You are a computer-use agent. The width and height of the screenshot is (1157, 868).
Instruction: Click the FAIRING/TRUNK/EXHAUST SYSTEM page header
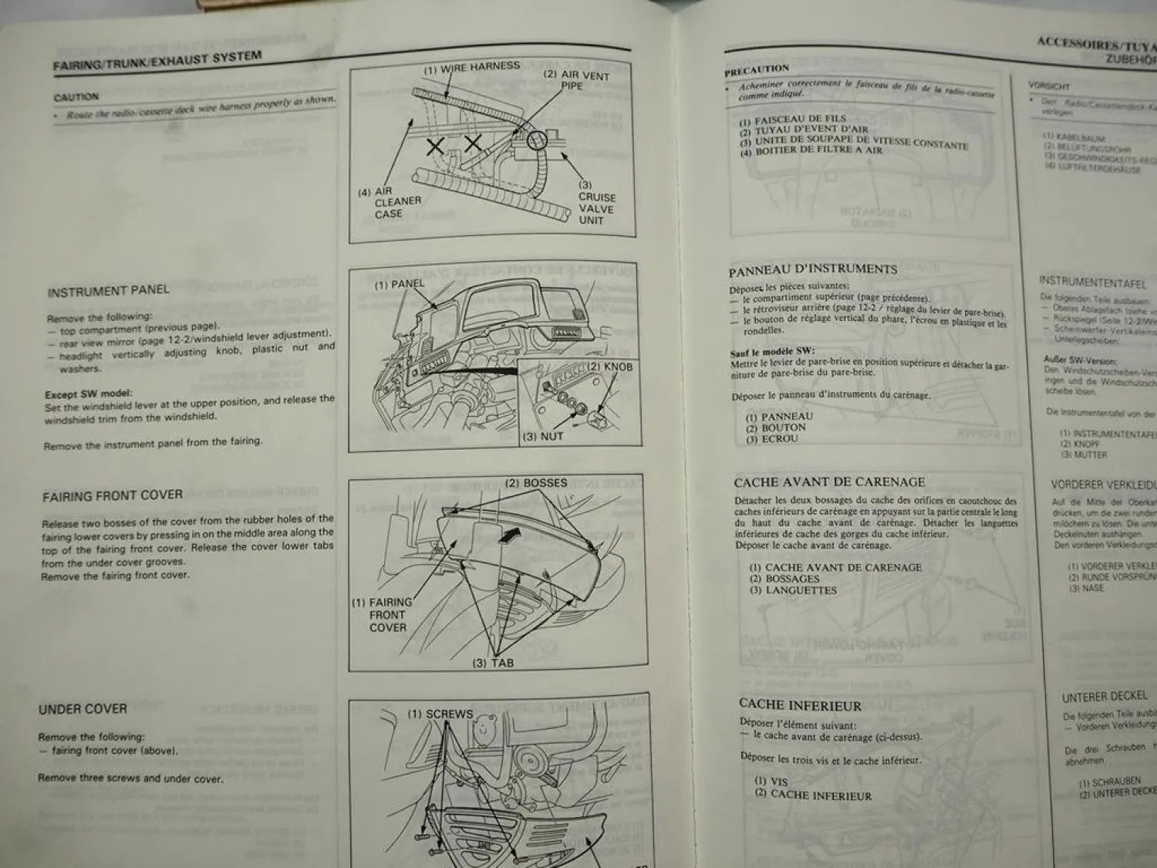[157, 60]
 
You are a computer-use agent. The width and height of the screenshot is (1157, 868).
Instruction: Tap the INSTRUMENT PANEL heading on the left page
[108, 291]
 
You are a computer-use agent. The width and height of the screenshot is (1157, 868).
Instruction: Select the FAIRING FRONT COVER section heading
[113, 495]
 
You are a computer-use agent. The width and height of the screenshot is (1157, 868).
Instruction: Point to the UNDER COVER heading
[83, 708]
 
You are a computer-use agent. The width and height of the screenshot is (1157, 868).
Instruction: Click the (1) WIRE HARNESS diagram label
[472, 67]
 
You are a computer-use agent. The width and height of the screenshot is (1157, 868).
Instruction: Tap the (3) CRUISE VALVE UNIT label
[596, 203]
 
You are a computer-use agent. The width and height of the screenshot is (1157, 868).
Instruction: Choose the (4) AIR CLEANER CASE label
[392, 202]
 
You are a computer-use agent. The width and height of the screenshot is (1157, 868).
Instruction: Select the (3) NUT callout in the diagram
[543, 437]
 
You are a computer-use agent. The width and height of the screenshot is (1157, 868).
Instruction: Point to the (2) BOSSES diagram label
[536, 483]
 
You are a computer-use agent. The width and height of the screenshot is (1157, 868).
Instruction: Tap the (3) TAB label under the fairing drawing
[493, 663]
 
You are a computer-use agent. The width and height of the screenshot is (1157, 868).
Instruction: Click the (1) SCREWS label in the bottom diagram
[440, 714]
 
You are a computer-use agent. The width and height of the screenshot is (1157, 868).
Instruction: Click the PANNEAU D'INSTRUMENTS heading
[813, 269]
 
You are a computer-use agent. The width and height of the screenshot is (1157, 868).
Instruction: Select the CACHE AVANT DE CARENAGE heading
[829, 482]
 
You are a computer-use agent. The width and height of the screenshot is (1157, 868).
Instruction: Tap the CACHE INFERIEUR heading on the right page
[800, 704]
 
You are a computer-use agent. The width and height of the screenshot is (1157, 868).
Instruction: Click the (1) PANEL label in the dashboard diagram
[400, 284]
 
